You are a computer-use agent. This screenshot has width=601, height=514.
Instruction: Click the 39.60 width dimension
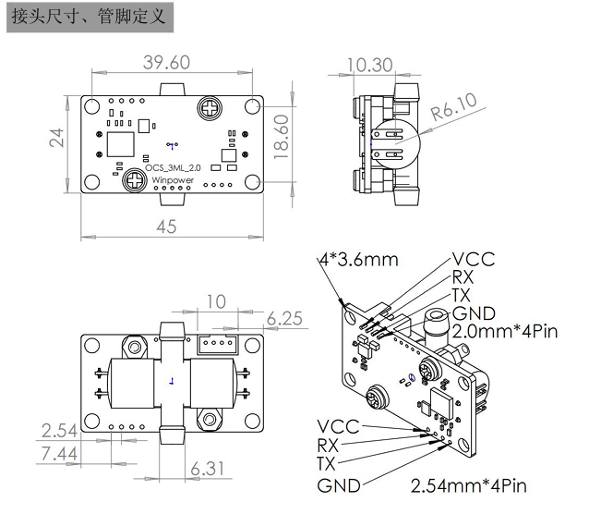(167, 62)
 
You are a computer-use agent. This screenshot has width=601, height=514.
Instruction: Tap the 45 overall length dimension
(166, 226)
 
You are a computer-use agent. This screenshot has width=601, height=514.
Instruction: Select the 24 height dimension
(57, 139)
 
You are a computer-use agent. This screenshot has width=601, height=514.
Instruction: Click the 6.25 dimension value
(285, 319)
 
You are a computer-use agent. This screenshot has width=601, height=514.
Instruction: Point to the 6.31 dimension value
(207, 469)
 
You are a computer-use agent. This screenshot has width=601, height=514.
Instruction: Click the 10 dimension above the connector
(215, 302)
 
